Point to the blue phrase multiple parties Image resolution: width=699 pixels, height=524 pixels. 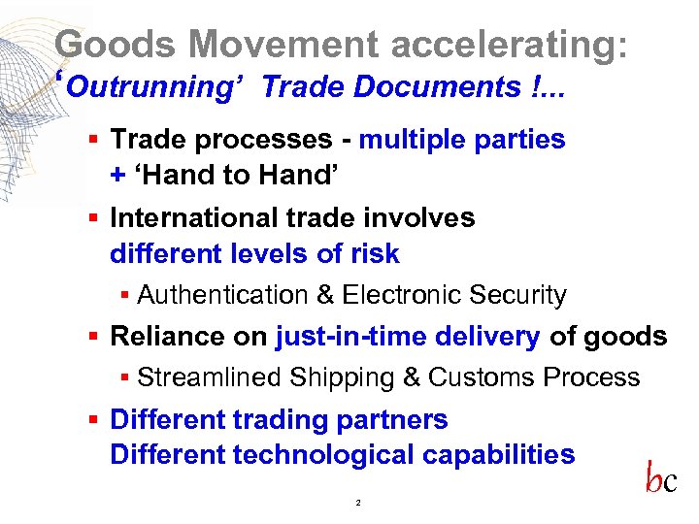(x=462, y=139)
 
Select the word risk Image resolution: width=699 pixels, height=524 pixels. (x=376, y=254)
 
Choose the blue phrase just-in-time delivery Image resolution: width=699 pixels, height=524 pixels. (x=408, y=337)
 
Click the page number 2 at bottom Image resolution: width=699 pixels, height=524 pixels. (x=358, y=504)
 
